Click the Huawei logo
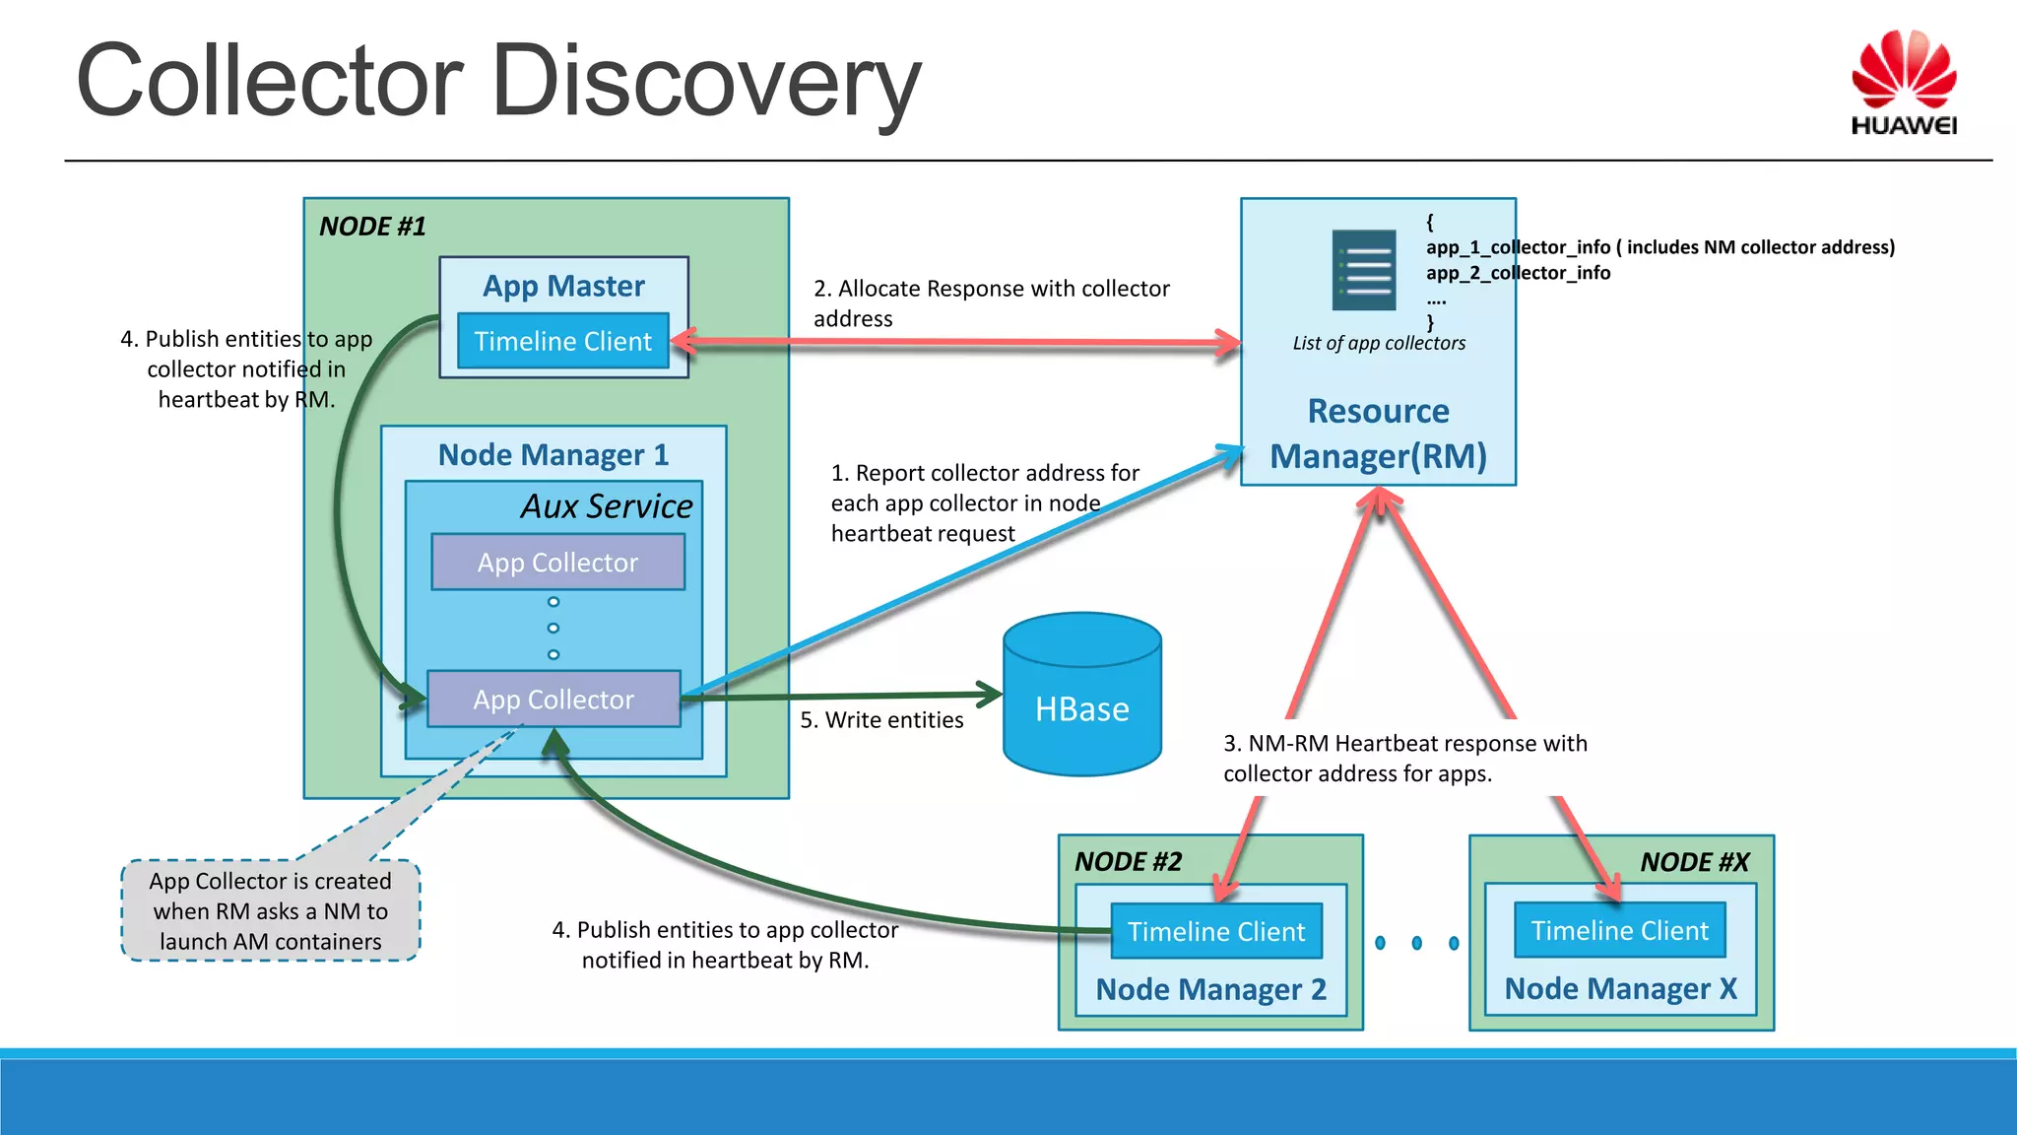click(1903, 83)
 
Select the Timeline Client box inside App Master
click(563, 341)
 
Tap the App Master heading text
click(563, 286)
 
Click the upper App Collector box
click(557, 563)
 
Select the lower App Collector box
click(553, 700)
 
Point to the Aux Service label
click(607, 506)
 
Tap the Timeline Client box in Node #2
click(1216, 931)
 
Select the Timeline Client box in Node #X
click(1620, 930)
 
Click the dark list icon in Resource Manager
click(1364, 270)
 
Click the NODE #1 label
click(372, 227)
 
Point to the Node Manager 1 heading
click(553, 455)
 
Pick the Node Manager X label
click(1620, 988)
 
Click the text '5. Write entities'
click(881, 720)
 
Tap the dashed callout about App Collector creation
click(270, 910)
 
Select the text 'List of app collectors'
click(1379, 343)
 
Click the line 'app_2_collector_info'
click(1518, 273)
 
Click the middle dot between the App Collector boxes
click(553, 628)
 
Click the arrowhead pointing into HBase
click(989, 694)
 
